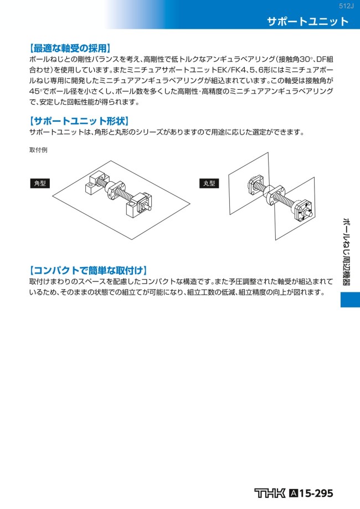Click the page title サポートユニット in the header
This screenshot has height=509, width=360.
pos(307,22)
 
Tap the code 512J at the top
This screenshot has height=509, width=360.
pos(346,6)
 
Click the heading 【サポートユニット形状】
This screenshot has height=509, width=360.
pos(78,120)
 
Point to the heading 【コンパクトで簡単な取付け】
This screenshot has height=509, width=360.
pos(88,270)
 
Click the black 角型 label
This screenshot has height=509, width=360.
pos(40,183)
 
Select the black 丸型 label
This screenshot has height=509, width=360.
pos(209,183)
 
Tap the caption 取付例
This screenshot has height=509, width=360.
pos(38,150)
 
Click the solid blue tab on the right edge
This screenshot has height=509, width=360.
pos(350,299)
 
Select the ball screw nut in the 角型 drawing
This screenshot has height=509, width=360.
pos(113,191)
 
